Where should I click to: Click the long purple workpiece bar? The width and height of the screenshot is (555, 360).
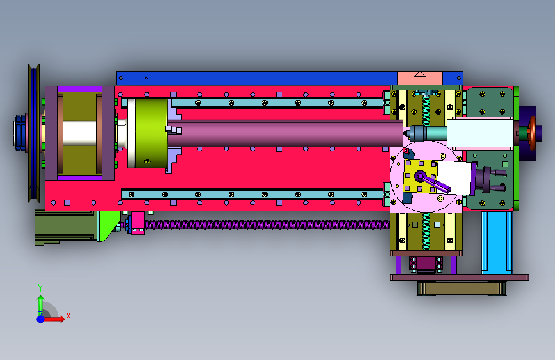tap(285, 133)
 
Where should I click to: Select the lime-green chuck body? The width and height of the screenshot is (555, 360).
tap(151, 133)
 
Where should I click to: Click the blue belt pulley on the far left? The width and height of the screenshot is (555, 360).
tap(34, 133)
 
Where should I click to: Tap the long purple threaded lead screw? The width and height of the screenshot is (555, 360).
tap(267, 225)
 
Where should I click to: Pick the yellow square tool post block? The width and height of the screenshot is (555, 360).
tap(421, 176)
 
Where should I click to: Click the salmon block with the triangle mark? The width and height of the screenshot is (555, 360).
tap(420, 78)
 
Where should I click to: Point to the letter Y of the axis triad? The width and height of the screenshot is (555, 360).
tap(40, 288)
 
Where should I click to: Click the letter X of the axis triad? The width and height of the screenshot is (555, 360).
tap(68, 316)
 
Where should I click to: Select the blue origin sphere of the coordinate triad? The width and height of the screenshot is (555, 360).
tap(41, 319)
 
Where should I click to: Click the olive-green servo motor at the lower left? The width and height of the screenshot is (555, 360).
tap(66, 227)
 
